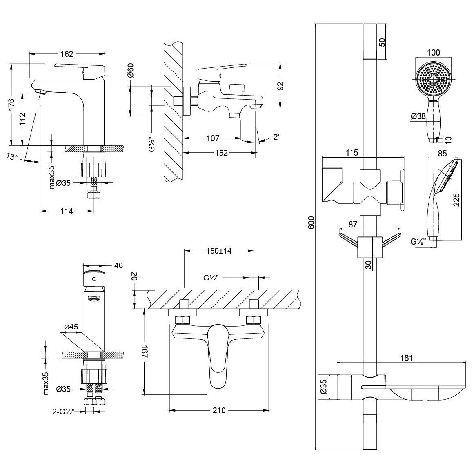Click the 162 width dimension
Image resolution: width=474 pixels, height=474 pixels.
click(67, 54)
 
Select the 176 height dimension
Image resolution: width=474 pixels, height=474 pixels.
click(11, 104)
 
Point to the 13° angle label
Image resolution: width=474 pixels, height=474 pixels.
click(12, 156)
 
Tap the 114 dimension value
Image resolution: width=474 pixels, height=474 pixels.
click(67, 211)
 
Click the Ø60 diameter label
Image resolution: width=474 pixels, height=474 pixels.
click(131, 71)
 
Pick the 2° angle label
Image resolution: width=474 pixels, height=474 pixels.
click(277, 137)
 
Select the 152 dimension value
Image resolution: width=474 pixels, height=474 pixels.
click(221, 153)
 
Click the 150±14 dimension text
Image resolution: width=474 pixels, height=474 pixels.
click(218, 251)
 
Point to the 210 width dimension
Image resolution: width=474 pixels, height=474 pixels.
click(219, 410)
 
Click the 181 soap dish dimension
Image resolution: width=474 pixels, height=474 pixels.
click(407, 358)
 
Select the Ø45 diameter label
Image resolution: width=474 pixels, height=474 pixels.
click(71, 327)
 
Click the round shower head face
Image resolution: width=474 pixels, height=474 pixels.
click(434, 80)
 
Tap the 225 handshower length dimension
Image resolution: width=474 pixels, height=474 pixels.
click(456, 200)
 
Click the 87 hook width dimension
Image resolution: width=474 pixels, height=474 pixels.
click(352, 224)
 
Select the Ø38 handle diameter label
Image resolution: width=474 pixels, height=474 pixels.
click(418, 116)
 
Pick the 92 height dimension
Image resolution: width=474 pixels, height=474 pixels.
click(280, 86)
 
